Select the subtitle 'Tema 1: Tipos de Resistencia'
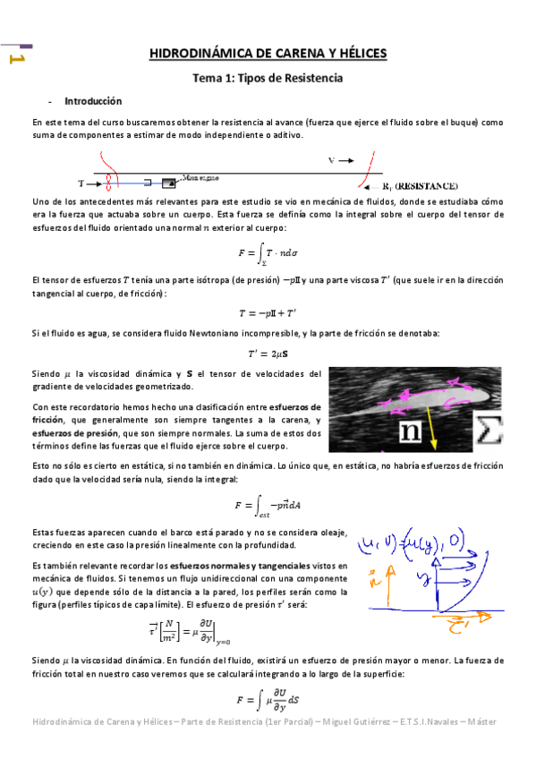[268, 79]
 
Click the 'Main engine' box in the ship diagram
[168, 183]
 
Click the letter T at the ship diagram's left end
[81, 183]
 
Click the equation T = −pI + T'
[268, 312]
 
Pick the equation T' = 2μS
[268, 352]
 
